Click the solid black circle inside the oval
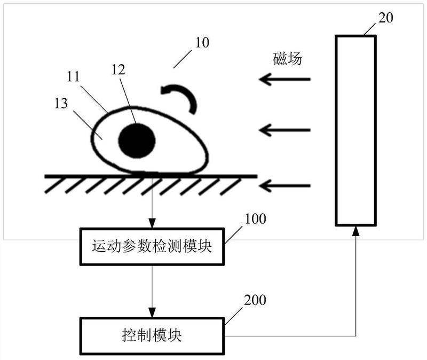click(x=137, y=141)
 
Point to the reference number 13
click(x=61, y=103)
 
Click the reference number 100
click(x=256, y=219)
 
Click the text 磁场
click(x=287, y=59)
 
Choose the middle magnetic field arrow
click(x=284, y=129)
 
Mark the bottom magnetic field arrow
click(x=284, y=185)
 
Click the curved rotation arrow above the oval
click(x=182, y=97)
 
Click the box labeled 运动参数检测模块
click(x=152, y=246)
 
